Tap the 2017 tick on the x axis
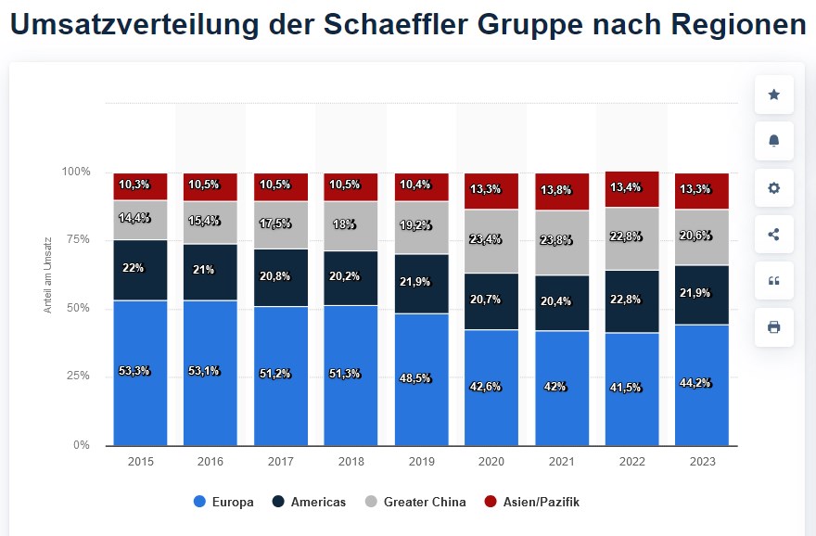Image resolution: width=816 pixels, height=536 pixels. point(281,461)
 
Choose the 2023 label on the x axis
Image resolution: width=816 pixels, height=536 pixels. point(702,461)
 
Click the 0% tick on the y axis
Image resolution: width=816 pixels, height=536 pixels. point(83,445)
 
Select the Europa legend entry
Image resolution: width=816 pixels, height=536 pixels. point(223,502)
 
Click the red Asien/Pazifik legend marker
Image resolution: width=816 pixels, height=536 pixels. point(491,502)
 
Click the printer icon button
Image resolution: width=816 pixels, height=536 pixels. point(774,327)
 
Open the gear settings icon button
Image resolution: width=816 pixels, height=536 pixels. point(774,188)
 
